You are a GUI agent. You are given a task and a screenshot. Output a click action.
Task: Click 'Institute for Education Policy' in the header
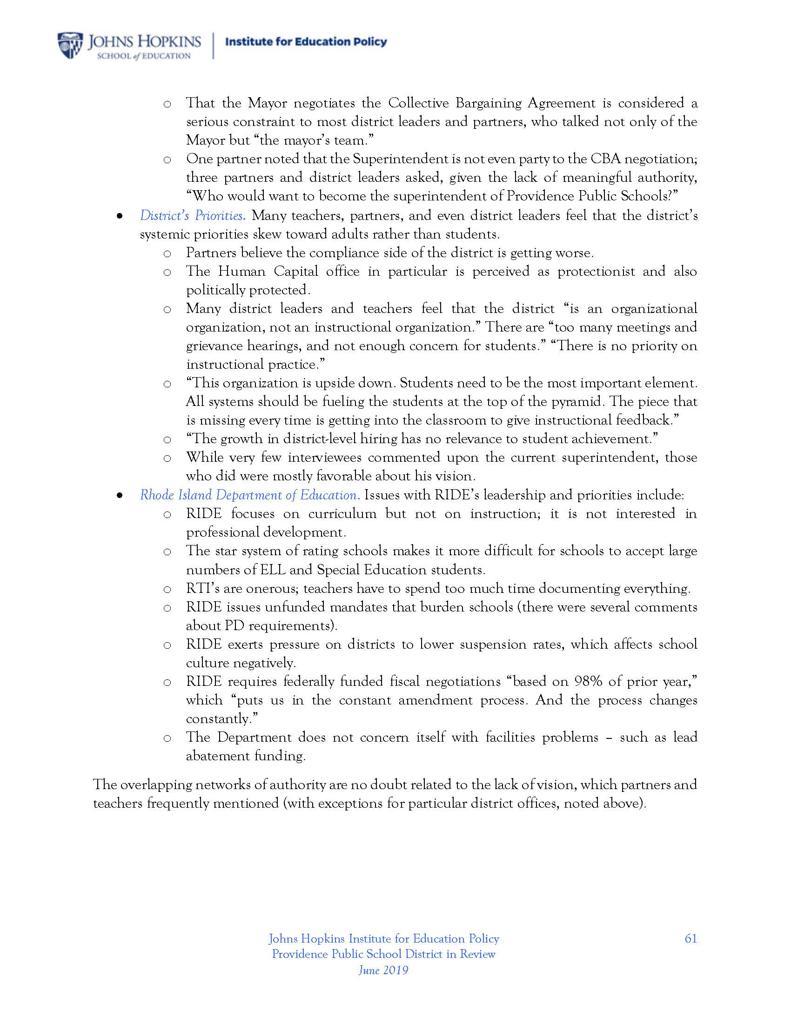[x=306, y=42]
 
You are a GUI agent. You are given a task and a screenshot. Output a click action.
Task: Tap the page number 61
[x=690, y=938]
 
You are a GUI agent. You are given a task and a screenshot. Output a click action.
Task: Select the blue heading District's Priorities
[x=192, y=215]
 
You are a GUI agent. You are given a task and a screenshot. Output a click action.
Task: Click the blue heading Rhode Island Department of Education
[x=249, y=495]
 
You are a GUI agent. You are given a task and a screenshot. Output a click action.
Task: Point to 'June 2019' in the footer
[x=383, y=970]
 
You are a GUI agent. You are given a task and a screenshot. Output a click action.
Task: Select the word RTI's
[x=204, y=588]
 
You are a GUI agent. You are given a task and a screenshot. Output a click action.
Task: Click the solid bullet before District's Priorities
[x=120, y=216]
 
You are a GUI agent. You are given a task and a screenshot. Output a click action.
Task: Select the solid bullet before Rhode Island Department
[x=120, y=496]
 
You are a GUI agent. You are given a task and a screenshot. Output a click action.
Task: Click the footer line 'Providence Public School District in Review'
[x=383, y=954]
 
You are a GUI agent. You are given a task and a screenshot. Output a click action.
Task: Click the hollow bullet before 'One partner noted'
[x=167, y=159]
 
